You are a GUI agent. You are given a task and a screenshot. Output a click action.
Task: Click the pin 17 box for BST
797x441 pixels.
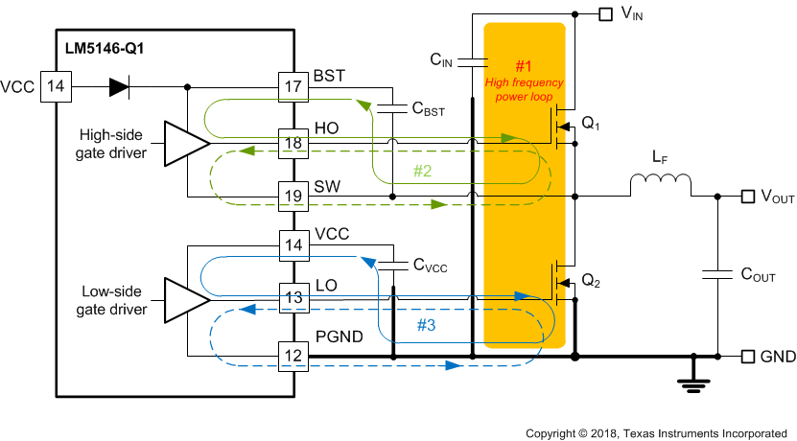pos(292,87)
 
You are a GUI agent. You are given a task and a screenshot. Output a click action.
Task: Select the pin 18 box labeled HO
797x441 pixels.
pos(292,143)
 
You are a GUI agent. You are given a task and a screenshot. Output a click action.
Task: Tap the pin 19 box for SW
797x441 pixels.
pos(292,197)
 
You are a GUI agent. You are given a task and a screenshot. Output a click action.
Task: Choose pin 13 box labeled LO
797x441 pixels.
pos(292,298)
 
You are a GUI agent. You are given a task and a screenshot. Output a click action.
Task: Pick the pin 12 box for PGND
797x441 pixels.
pos(292,357)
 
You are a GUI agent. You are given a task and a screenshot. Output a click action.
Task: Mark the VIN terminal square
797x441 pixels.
pos(605,13)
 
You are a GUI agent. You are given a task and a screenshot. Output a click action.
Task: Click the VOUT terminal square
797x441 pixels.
pos(748,197)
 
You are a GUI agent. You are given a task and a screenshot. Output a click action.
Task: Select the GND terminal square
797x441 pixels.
pos(748,357)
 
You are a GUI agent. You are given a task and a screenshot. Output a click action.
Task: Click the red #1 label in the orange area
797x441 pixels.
pos(524,66)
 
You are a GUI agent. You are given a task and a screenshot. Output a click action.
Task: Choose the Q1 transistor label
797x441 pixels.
pos(592,123)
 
